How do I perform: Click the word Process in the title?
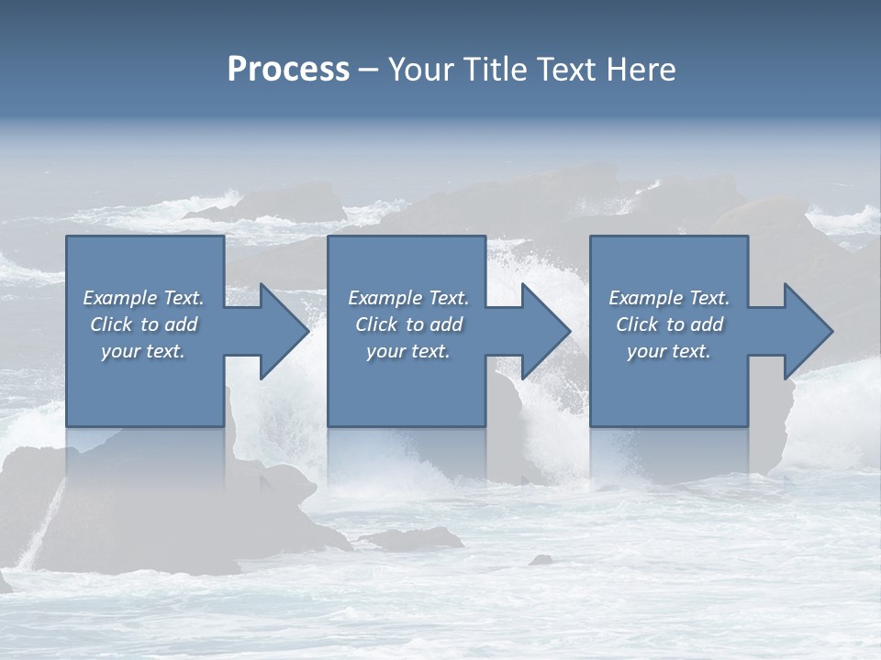(x=288, y=70)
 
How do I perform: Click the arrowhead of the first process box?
(x=281, y=331)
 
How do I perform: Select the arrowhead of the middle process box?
(x=542, y=331)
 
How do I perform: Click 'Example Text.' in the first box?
(x=143, y=298)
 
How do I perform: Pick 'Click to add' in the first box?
(x=143, y=324)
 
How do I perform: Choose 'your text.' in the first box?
(x=143, y=351)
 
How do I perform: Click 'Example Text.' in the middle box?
(x=407, y=298)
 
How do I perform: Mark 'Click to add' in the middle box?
(x=407, y=324)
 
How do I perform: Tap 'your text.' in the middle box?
(x=407, y=351)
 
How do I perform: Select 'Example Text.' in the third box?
(x=668, y=298)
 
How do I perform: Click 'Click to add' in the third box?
(x=668, y=324)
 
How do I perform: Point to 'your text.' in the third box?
(x=668, y=351)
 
